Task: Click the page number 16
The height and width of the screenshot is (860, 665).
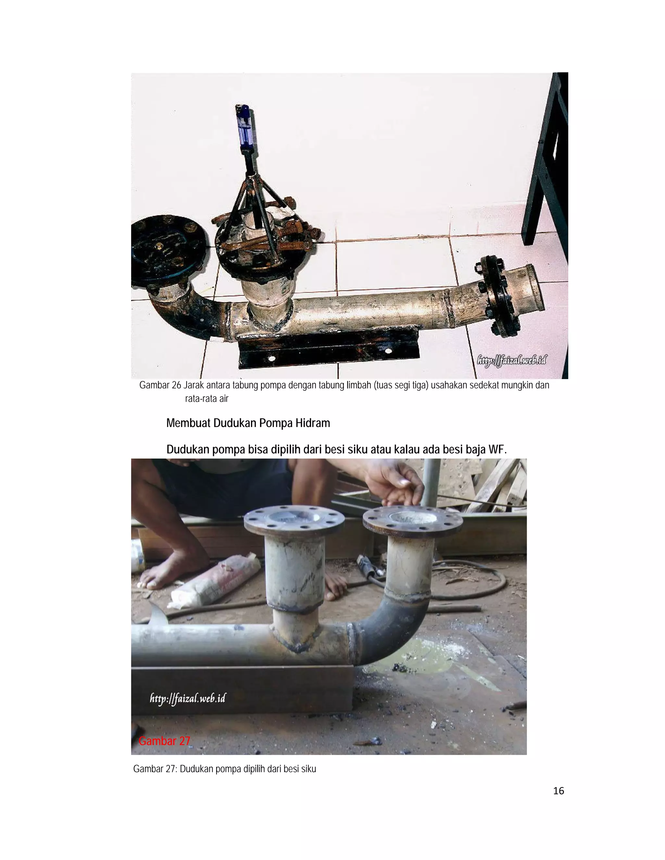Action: (x=558, y=791)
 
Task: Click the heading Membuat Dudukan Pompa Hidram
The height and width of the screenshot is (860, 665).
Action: (x=248, y=423)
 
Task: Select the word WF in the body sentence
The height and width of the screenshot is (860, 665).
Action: (x=497, y=449)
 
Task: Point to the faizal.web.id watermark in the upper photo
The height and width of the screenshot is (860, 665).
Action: (x=511, y=360)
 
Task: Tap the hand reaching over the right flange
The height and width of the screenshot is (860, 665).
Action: (x=396, y=482)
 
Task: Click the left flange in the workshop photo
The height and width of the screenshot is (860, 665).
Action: (x=294, y=521)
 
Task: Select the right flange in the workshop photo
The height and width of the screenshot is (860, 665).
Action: (x=412, y=519)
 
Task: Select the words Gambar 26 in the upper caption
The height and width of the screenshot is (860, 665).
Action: (x=160, y=385)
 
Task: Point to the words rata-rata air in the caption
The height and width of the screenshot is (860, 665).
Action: (x=207, y=399)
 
